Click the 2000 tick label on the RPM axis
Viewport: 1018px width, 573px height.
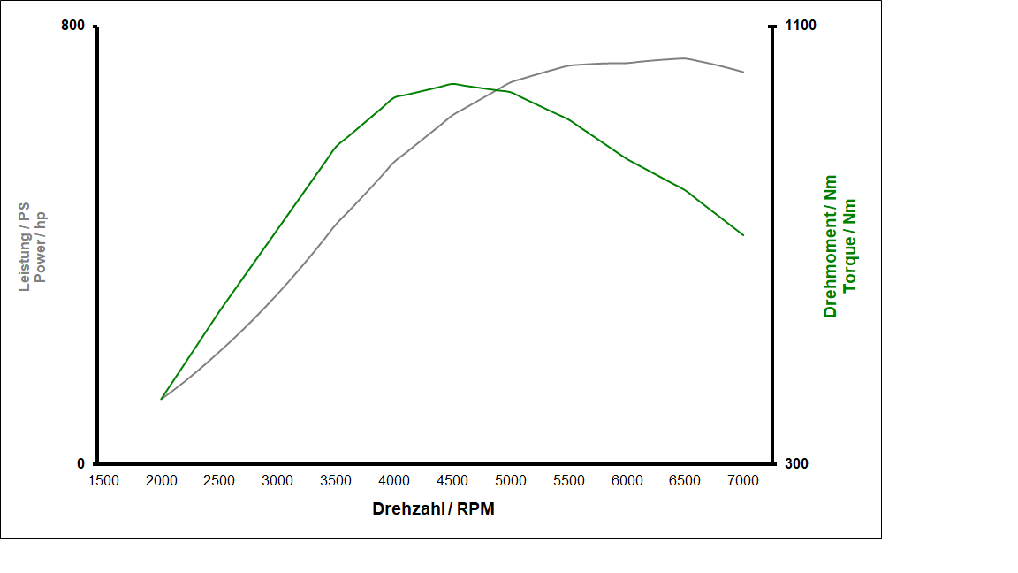point(161,480)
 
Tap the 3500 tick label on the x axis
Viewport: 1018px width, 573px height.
point(336,480)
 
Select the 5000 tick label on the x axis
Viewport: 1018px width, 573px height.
point(511,480)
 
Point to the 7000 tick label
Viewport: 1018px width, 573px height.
point(743,480)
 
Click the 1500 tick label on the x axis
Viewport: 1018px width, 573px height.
point(103,480)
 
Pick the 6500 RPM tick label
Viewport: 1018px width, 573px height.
point(685,480)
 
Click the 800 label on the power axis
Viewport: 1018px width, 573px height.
point(72,26)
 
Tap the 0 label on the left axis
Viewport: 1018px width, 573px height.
point(80,464)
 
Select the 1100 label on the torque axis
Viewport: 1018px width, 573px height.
point(801,26)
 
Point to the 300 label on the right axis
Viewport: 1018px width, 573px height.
point(796,464)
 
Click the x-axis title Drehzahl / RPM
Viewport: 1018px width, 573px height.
point(433,508)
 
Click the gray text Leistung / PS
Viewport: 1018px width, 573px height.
point(25,246)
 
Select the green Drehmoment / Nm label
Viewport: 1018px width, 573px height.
point(830,246)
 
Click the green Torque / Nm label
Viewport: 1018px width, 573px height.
point(850,245)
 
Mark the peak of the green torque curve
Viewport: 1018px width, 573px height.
point(452,84)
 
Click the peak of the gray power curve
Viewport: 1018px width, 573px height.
point(684,58)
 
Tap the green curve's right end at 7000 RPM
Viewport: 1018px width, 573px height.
point(743,235)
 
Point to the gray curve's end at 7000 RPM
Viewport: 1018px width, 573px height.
point(743,72)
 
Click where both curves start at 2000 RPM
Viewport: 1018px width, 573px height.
point(161,399)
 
